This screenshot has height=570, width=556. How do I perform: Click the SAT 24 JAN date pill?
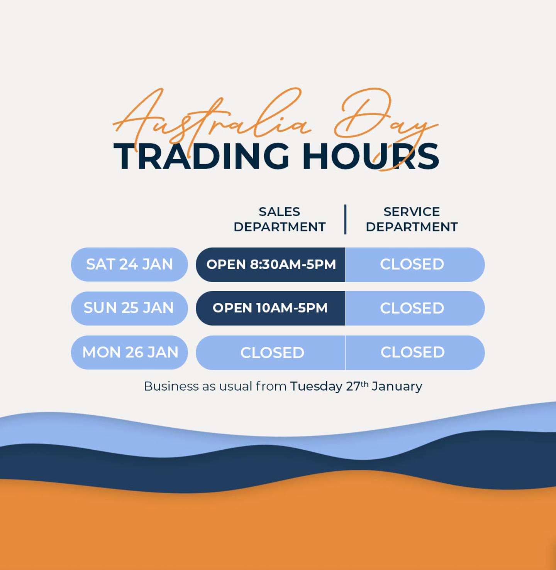[x=129, y=265]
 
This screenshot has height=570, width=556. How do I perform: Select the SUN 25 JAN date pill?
[x=129, y=308]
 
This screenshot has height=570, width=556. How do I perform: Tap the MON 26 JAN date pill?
[x=129, y=352]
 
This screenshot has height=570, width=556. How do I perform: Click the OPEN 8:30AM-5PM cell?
[x=271, y=265]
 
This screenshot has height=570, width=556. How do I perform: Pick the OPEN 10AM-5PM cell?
[x=270, y=308]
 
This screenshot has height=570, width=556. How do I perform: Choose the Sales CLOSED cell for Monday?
[x=272, y=352]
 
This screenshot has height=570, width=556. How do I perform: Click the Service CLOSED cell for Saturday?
[x=412, y=265]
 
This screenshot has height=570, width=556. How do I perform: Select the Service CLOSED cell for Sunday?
[x=412, y=308]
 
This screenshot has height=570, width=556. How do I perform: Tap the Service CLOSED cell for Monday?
[x=412, y=352]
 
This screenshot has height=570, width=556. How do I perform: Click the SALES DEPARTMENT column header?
[x=280, y=219]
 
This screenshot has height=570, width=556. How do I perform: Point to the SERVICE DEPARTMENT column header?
[x=412, y=219]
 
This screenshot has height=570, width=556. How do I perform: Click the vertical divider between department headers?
[x=345, y=219]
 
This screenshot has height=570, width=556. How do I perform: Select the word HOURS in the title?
[x=371, y=156]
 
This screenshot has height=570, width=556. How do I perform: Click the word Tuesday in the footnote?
[x=316, y=386]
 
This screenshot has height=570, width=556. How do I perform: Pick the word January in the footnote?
[x=397, y=386]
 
